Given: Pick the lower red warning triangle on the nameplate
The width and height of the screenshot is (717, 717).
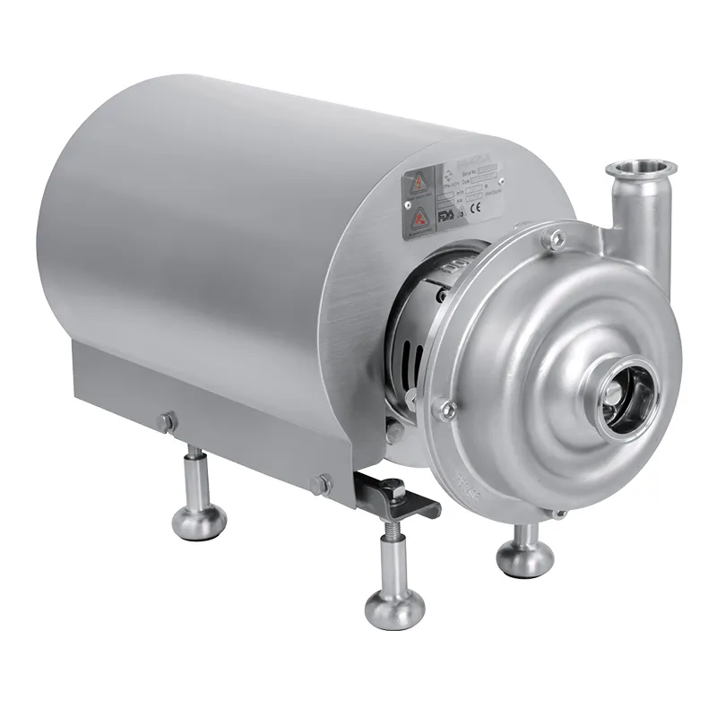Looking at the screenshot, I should (420, 219).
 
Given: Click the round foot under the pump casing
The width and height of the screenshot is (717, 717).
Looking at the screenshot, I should (524, 559).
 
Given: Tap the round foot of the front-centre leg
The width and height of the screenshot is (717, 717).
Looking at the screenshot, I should (394, 609).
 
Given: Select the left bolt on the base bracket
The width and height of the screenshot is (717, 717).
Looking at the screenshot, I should (166, 421).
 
